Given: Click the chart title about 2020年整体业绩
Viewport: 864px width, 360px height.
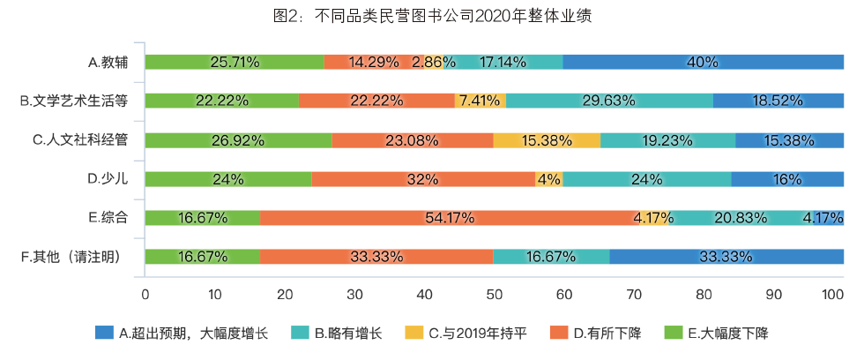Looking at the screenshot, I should click(432, 17).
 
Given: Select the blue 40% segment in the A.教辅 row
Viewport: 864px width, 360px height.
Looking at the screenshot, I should click(704, 62).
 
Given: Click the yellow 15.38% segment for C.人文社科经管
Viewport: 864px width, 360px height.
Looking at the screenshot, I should click(547, 140).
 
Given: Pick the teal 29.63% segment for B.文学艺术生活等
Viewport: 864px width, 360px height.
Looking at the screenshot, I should click(609, 101).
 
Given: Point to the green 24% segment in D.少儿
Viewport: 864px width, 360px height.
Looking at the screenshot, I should click(227, 179).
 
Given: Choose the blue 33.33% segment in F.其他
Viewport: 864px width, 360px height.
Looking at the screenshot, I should click(726, 257).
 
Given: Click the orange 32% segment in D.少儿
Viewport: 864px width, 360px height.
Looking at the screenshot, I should click(423, 179).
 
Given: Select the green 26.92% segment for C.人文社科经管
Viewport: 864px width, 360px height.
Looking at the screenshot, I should click(238, 140).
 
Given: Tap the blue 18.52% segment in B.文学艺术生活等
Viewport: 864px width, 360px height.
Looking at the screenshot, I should click(778, 101).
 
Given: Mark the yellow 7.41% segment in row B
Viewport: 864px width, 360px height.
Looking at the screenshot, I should click(480, 101).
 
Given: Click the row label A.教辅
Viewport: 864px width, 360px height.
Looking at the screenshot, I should click(108, 62).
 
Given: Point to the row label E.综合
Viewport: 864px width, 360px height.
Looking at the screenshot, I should click(108, 218).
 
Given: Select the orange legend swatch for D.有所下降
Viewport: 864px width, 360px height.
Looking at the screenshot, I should click(556, 333).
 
